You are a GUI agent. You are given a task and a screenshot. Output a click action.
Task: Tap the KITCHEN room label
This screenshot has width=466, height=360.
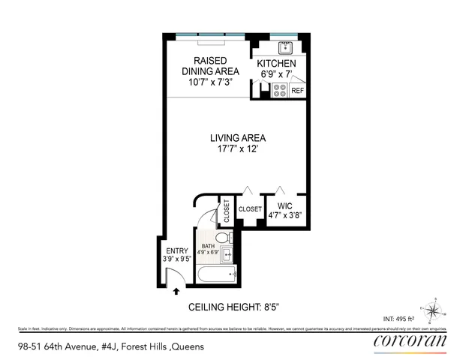pos(277,64)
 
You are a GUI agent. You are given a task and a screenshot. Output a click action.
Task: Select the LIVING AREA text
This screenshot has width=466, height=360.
pos(237,138)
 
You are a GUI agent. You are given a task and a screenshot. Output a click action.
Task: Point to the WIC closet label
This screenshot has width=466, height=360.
pos(284,205)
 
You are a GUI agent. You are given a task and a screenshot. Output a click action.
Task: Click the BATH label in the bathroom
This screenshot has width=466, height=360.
pos(207,247)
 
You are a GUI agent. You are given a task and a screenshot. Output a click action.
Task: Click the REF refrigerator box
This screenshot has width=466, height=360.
pos(297,91)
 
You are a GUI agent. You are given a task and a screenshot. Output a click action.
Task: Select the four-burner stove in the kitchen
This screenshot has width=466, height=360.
pos(278,90)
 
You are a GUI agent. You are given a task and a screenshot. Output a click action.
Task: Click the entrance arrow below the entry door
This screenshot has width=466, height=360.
pos(176,292)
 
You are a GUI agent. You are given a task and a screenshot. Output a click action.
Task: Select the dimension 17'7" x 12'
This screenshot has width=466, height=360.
pos(237,149)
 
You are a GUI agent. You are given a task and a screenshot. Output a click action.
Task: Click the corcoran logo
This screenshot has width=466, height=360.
pos(410,343)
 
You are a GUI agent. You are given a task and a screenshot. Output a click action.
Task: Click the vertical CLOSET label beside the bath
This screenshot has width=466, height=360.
pos(226,212)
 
